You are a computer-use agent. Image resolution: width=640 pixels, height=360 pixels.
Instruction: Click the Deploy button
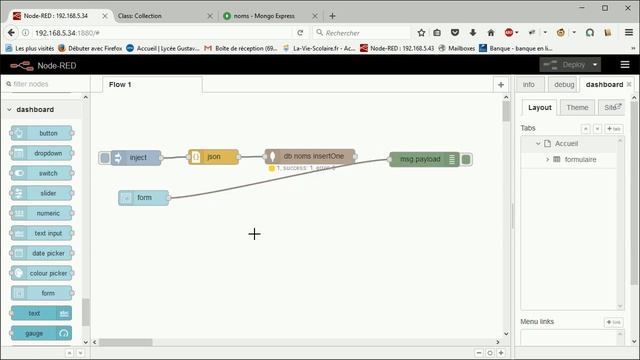566,65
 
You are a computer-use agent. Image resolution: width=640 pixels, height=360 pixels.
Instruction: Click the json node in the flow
213,157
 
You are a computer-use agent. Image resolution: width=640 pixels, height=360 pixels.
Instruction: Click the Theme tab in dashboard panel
576,107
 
